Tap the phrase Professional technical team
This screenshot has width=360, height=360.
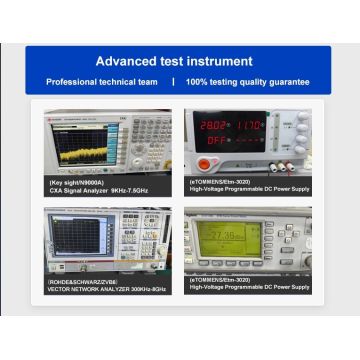[x=105, y=82]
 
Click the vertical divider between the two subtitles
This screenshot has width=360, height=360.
[x=173, y=82]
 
